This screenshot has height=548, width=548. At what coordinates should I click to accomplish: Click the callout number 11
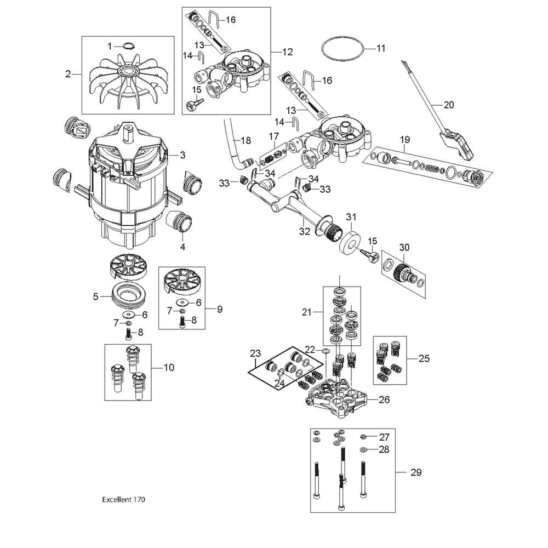(380, 48)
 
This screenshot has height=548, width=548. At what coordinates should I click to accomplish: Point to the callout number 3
(182, 156)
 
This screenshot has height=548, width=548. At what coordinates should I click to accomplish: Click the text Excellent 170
(124, 500)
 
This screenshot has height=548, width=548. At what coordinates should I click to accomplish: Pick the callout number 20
(449, 105)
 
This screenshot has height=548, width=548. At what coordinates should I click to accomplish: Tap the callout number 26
(384, 399)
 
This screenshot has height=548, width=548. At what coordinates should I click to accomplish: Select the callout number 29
(416, 472)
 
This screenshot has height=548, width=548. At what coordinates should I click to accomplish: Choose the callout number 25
(424, 359)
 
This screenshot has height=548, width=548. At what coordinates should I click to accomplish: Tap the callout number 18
(246, 140)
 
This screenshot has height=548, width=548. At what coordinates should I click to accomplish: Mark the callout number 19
(405, 140)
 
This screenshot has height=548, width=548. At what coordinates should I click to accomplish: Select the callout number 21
(307, 312)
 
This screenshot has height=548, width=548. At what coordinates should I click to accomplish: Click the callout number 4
(182, 247)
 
